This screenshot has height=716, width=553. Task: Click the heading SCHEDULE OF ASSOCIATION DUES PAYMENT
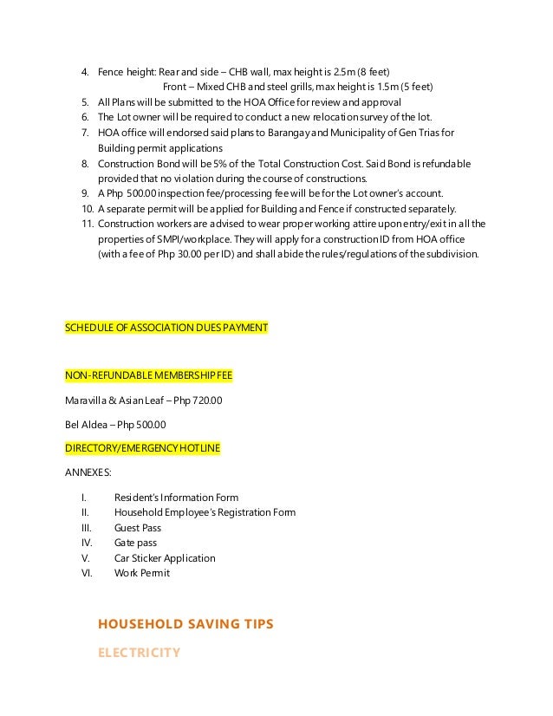point(166,329)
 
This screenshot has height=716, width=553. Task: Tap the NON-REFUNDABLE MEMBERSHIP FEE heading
point(148,375)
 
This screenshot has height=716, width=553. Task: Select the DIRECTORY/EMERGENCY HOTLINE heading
point(142,448)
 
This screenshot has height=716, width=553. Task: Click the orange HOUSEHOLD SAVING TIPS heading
point(185,623)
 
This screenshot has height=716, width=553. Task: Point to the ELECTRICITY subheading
point(138,653)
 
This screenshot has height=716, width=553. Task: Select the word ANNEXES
point(88,473)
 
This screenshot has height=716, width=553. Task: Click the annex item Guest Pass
point(138,528)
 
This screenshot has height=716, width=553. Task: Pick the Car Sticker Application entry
point(165,558)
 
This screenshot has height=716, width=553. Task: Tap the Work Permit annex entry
point(142,573)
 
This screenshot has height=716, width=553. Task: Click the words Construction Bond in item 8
point(135,163)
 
